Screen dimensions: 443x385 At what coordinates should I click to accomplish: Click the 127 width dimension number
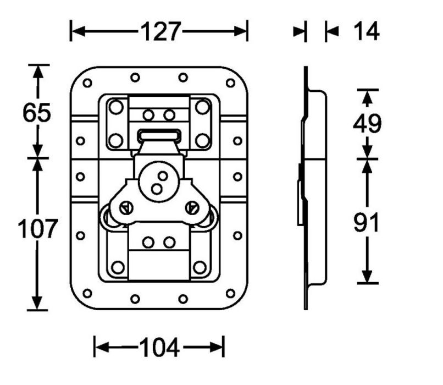[x=160, y=31]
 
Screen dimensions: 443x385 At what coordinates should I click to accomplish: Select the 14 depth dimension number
[x=366, y=31]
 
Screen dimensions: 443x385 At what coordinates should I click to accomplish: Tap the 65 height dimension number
[x=37, y=113]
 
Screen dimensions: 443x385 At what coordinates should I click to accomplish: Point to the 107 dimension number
[x=37, y=228]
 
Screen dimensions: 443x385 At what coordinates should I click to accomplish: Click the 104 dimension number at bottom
[x=159, y=348]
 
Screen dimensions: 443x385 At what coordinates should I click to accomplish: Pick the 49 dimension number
[x=367, y=124]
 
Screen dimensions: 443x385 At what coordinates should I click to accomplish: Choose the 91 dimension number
[x=366, y=222]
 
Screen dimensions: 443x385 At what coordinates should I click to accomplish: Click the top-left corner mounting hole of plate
[x=87, y=83]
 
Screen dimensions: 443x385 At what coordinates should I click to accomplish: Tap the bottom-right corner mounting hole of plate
[x=230, y=293]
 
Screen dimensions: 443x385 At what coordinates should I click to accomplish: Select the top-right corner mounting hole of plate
[x=230, y=83]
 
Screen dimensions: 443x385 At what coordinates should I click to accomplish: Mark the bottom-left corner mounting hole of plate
[x=87, y=293]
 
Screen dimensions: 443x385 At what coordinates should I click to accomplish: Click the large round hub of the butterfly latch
[x=159, y=182]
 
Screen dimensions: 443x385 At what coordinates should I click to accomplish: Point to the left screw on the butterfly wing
[x=126, y=208]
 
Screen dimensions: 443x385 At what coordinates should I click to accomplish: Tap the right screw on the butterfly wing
[x=192, y=208]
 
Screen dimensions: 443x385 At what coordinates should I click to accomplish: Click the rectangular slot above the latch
[x=159, y=135]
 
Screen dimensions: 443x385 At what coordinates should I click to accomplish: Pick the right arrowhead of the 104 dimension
[x=217, y=347]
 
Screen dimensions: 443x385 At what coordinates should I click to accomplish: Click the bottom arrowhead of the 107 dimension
[x=37, y=302]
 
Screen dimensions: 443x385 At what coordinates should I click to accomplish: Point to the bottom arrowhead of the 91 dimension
[x=367, y=276]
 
